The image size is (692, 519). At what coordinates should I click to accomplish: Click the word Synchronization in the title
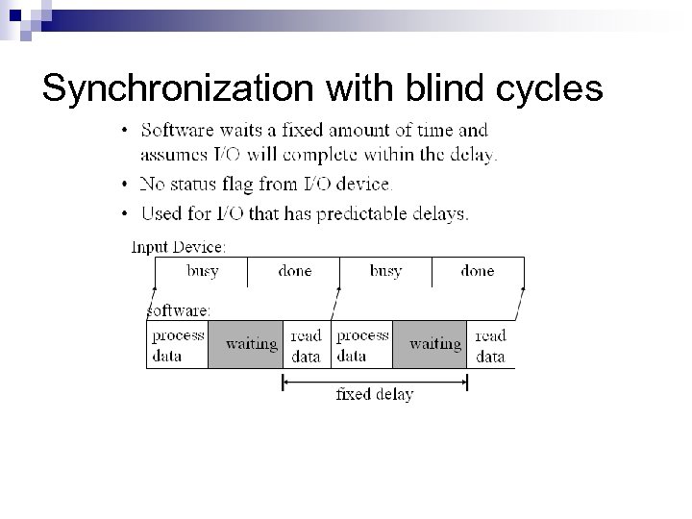coord(179,88)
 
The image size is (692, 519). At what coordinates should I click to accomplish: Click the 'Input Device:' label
coord(179,247)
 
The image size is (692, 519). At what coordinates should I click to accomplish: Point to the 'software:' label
coord(179,310)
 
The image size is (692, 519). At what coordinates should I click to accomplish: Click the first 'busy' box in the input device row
coord(202,272)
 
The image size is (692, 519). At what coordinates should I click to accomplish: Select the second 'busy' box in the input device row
coord(385,272)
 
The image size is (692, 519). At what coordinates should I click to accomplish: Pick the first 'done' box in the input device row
coord(294,272)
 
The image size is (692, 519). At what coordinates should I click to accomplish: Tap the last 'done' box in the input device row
coord(478,272)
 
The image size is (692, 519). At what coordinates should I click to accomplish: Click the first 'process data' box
coord(178,345)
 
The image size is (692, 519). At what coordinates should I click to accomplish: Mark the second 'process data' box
coord(361,345)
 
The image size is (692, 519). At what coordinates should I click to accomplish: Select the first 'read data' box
coord(307,345)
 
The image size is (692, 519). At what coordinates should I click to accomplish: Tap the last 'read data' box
coord(490,345)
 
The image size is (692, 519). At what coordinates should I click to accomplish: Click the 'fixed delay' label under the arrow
coord(374,395)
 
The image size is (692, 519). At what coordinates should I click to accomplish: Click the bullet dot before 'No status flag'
coord(127,184)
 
